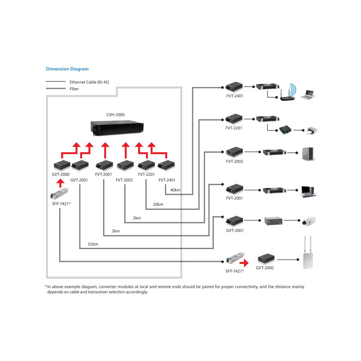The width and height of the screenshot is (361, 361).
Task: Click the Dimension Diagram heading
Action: [x=67, y=69]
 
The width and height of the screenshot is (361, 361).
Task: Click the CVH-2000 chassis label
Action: [x=115, y=115]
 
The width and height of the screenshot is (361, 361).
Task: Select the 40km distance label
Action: [x=175, y=190]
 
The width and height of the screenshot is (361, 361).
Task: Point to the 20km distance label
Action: [x=158, y=204]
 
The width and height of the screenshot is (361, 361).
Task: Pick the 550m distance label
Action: [x=93, y=244]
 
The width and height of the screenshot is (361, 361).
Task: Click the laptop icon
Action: [x=308, y=95]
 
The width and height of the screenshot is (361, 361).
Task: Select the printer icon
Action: [x=312, y=131]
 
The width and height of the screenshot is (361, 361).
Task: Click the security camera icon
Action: [x=309, y=221]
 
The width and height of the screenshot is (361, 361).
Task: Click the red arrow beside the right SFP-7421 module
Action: [x=244, y=263]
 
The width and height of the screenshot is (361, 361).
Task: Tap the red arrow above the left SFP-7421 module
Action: [x=60, y=183]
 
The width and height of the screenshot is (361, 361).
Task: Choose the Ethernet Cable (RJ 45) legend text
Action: [x=89, y=82]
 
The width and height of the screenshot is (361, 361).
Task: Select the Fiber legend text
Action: [x=74, y=89]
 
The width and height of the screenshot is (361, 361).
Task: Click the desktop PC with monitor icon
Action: [x=309, y=192]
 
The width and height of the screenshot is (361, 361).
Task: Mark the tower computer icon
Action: [x=308, y=154]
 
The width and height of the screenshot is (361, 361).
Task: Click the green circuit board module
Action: [x=285, y=130]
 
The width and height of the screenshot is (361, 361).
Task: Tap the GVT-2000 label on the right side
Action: [x=265, y=268]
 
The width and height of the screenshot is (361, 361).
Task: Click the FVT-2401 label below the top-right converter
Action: [x=235, y=96]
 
